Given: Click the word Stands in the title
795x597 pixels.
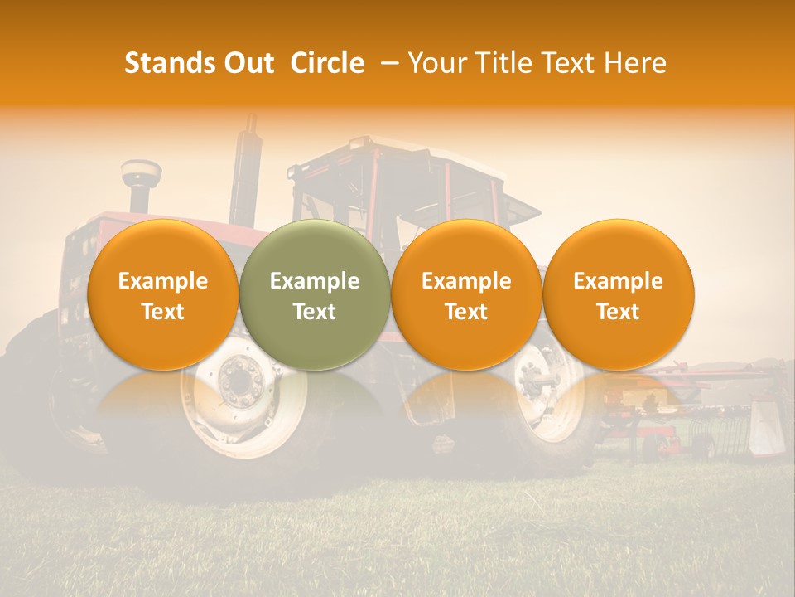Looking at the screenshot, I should (x=169, y=63).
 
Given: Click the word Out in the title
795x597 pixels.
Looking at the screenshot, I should (x=248, y=63).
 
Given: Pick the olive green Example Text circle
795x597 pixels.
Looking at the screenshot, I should (x=315, y=295).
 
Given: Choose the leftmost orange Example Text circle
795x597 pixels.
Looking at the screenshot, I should (x=163, y=295).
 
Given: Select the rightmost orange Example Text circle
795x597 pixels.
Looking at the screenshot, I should (x=619, y=295).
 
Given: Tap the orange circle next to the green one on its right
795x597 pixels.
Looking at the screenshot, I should (x=466, y=295).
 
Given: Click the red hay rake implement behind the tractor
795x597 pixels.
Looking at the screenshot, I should (x=704, y=398).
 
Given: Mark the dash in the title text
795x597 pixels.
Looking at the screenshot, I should (x=388, y=63).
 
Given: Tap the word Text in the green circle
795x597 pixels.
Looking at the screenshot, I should (x=315, y=312).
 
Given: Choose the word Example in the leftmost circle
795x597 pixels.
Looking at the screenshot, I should (x=163, y=281).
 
